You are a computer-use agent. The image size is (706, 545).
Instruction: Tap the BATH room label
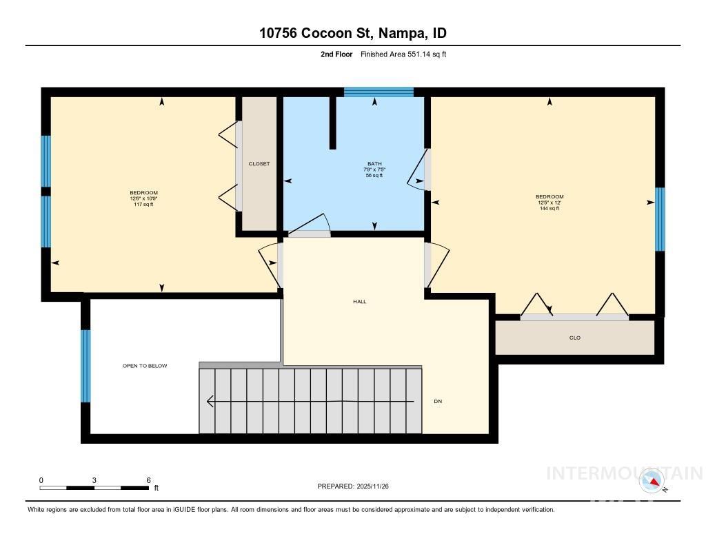point(374,164)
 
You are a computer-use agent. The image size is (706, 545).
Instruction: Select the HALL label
point(359,301)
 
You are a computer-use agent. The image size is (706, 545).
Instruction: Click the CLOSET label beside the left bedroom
point(259,164)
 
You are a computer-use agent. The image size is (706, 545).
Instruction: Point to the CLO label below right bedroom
point(575,338)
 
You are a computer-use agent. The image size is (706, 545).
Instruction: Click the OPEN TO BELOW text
point(145,366)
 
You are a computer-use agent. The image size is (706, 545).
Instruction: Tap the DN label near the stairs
point(438,401)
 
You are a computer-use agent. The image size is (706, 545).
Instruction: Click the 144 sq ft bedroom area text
point(549,209)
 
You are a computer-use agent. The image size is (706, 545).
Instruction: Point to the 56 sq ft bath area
point(374,176)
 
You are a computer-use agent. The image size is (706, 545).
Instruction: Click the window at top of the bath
point(379,92)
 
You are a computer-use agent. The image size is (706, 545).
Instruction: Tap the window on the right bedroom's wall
point(660,219)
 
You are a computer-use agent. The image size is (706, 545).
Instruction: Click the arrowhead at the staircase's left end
point(210,401)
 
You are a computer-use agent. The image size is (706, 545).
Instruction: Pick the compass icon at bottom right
point(652,480)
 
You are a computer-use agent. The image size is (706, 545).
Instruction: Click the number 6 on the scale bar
point(148,480)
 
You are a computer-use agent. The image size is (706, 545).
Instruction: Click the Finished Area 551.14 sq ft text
point(403,54)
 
